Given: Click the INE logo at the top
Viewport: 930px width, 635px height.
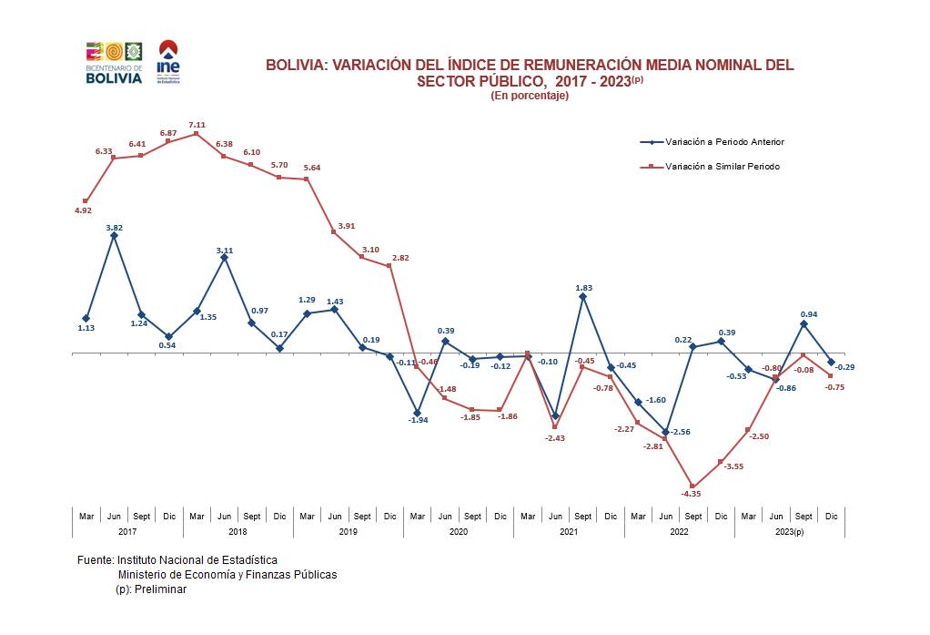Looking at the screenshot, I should tap(168, 61).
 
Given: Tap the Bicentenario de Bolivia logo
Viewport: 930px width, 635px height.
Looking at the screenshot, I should tap(114, 63).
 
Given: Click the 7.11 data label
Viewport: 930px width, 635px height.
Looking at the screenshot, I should tap(197, 124).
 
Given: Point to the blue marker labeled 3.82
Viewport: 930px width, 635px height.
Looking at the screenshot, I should tap(114, 236).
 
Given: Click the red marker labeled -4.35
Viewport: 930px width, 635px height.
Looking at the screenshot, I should tap(693, 486).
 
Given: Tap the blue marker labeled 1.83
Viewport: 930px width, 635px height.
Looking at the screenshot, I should tap(582, 296).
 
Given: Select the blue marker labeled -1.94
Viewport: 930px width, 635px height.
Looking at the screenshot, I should tap(417, 413).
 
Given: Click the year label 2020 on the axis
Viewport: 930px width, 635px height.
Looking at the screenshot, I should tap(459, 531).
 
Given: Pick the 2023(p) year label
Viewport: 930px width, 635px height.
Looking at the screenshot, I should tap(789, 531).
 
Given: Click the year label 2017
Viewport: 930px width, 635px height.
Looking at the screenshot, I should tap(127, 531).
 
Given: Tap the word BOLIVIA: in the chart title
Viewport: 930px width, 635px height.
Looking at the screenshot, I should tap(296, 66).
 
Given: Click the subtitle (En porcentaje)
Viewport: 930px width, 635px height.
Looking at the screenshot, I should tap(530, 96).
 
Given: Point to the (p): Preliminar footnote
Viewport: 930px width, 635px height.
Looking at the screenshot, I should tap(151, 589).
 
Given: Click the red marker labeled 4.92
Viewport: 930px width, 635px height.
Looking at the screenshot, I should tap(86, 200).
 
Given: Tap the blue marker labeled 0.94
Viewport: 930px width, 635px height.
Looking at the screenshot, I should tap(804, 323).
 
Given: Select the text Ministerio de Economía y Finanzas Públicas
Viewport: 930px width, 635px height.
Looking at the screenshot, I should tap(227, 575).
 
